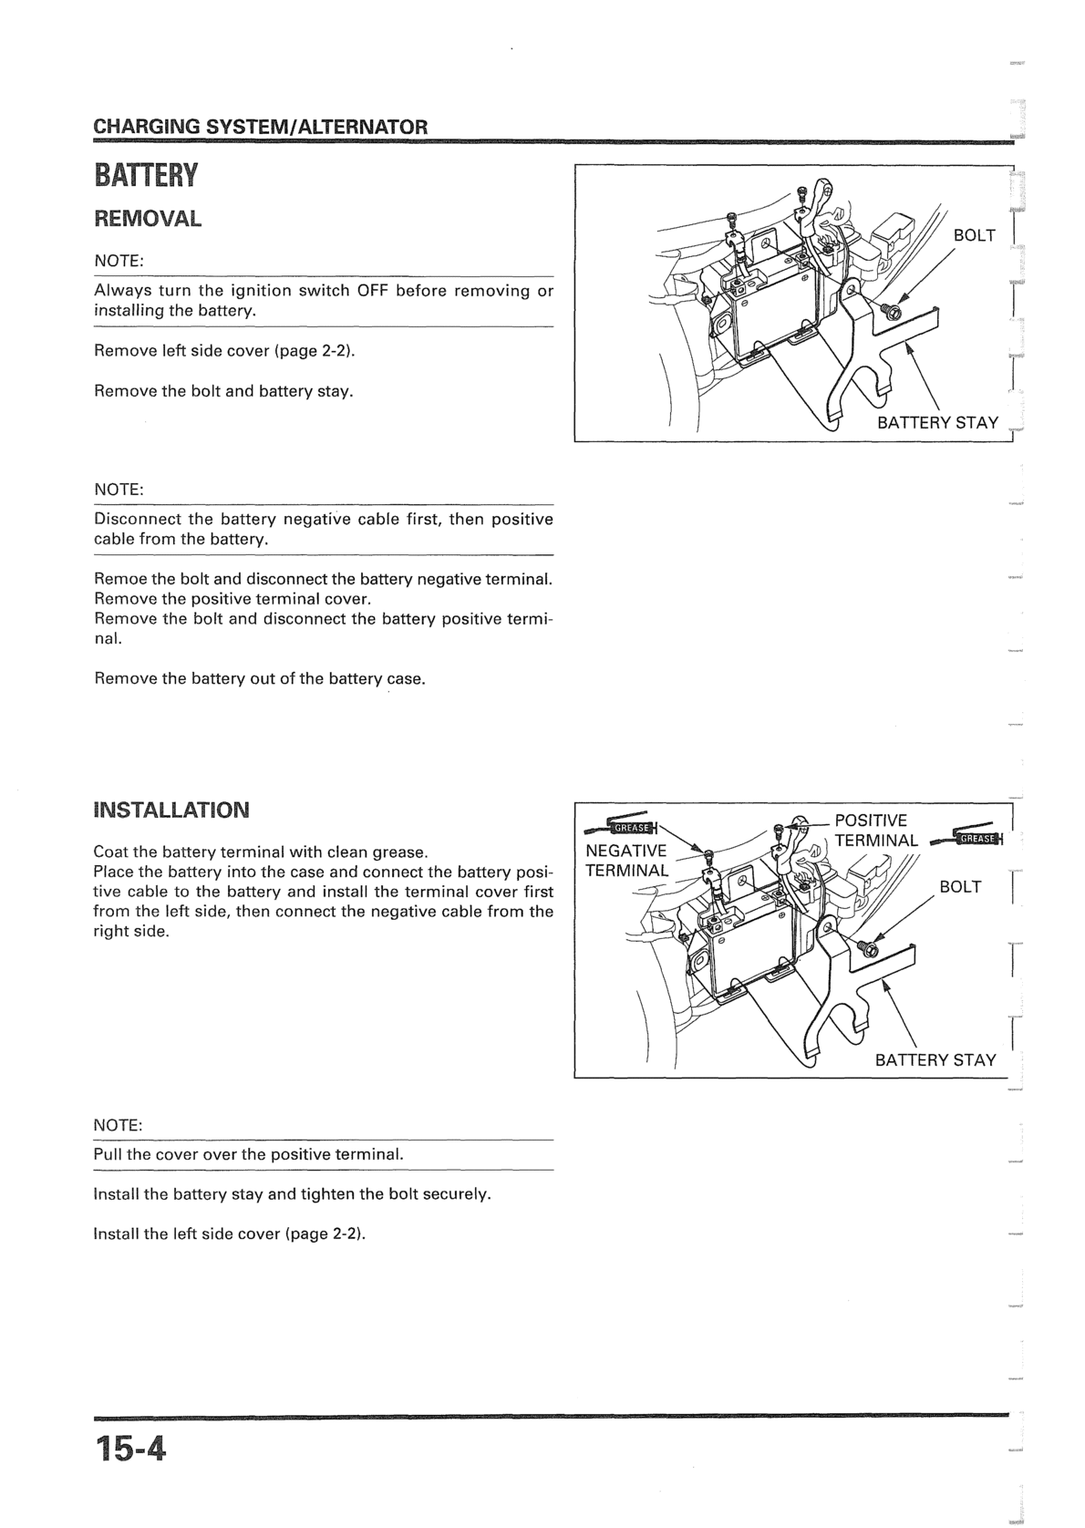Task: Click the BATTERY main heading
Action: tap(145, 175)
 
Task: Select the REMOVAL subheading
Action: tap(148, 219)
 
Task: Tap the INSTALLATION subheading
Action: tap(171, 810)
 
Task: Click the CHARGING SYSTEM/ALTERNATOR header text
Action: tap(260, 126)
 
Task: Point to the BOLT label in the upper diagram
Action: tap(974, 235)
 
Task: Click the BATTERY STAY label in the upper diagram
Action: tap(937, 423)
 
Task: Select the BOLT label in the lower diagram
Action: tap(959, 887)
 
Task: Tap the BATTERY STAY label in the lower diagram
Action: tap(935, 1060)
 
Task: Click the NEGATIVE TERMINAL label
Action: tap(626, 860)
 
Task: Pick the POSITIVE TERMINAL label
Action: tap(876, 831)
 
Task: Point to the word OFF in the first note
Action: tap(373, 291)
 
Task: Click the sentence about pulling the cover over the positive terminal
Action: tap(248, 1154)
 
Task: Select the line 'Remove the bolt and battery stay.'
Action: tap(223, 391)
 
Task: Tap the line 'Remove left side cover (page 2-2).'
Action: tap(224, 351)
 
